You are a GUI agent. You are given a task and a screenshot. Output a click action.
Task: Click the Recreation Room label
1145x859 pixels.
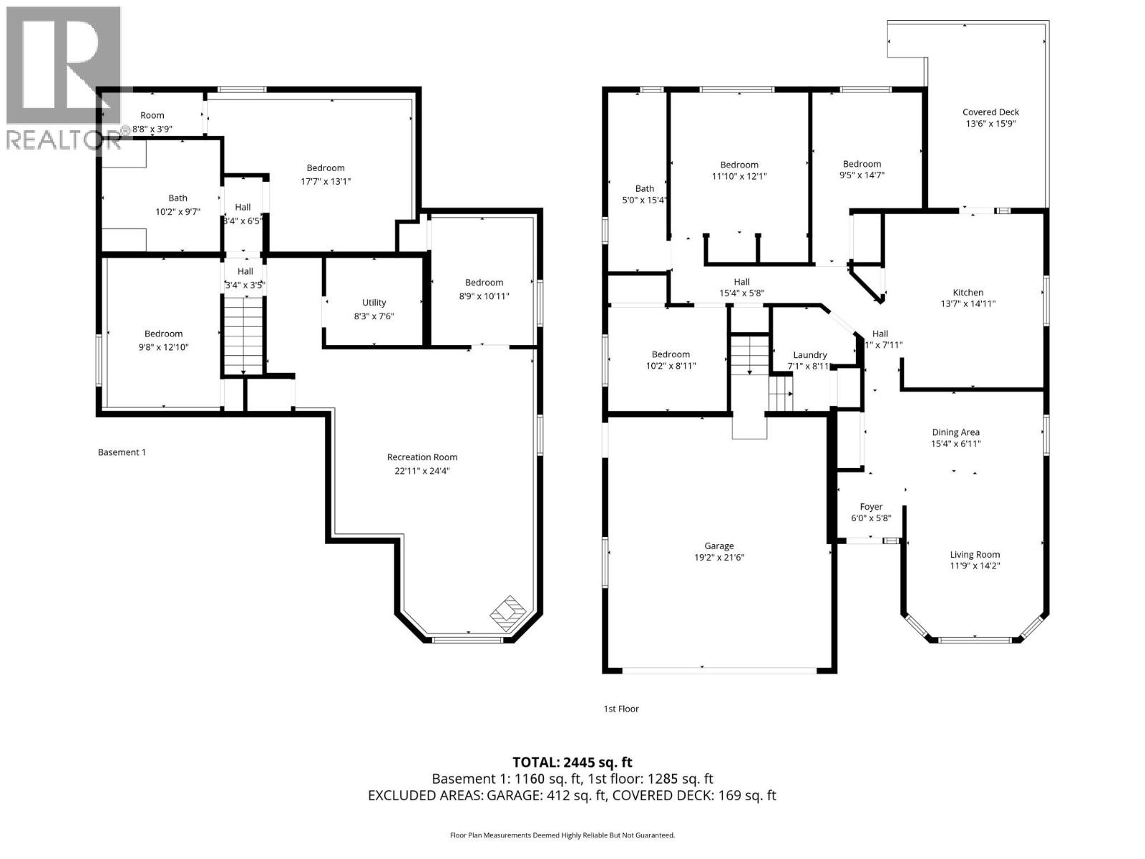point(422,457)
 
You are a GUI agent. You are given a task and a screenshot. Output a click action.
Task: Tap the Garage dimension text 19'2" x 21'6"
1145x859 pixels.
point(718,558)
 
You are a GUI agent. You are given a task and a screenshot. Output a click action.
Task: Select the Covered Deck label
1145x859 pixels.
point(990,112)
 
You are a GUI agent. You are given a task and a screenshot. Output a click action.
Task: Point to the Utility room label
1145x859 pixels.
point(374,303)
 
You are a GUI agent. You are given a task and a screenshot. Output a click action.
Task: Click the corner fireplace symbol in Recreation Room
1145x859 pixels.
point(508,612)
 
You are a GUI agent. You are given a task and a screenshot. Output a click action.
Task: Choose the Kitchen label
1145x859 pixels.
point(968,292)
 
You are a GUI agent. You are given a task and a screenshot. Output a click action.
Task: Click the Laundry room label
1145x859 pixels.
point(809,355)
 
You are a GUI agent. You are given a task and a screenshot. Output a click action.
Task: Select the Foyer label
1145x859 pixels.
point(871,507)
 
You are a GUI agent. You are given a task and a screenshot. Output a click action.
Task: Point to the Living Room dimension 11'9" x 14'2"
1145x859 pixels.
point(975,566)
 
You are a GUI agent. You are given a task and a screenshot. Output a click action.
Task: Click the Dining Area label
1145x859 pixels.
point(955,432)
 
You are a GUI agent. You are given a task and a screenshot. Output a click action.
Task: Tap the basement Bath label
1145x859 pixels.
point(177,198)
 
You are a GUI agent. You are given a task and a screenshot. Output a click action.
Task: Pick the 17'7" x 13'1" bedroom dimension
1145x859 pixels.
point(326,182)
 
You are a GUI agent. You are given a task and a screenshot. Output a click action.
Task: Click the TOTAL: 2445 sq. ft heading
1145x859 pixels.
point(572,762)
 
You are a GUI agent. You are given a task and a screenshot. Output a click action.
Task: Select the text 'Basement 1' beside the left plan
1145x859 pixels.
point(122,452)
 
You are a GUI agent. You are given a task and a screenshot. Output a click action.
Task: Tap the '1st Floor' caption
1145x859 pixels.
point(620,709)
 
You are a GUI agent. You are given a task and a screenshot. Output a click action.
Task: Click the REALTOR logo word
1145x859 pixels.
point(63,140)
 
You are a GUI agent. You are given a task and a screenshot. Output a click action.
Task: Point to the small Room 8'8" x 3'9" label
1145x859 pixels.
point(152,115)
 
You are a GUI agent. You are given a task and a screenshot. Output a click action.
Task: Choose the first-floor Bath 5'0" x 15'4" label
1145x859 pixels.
point(644,189)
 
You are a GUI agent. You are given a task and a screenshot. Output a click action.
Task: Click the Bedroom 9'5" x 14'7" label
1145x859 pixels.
point(862,164)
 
